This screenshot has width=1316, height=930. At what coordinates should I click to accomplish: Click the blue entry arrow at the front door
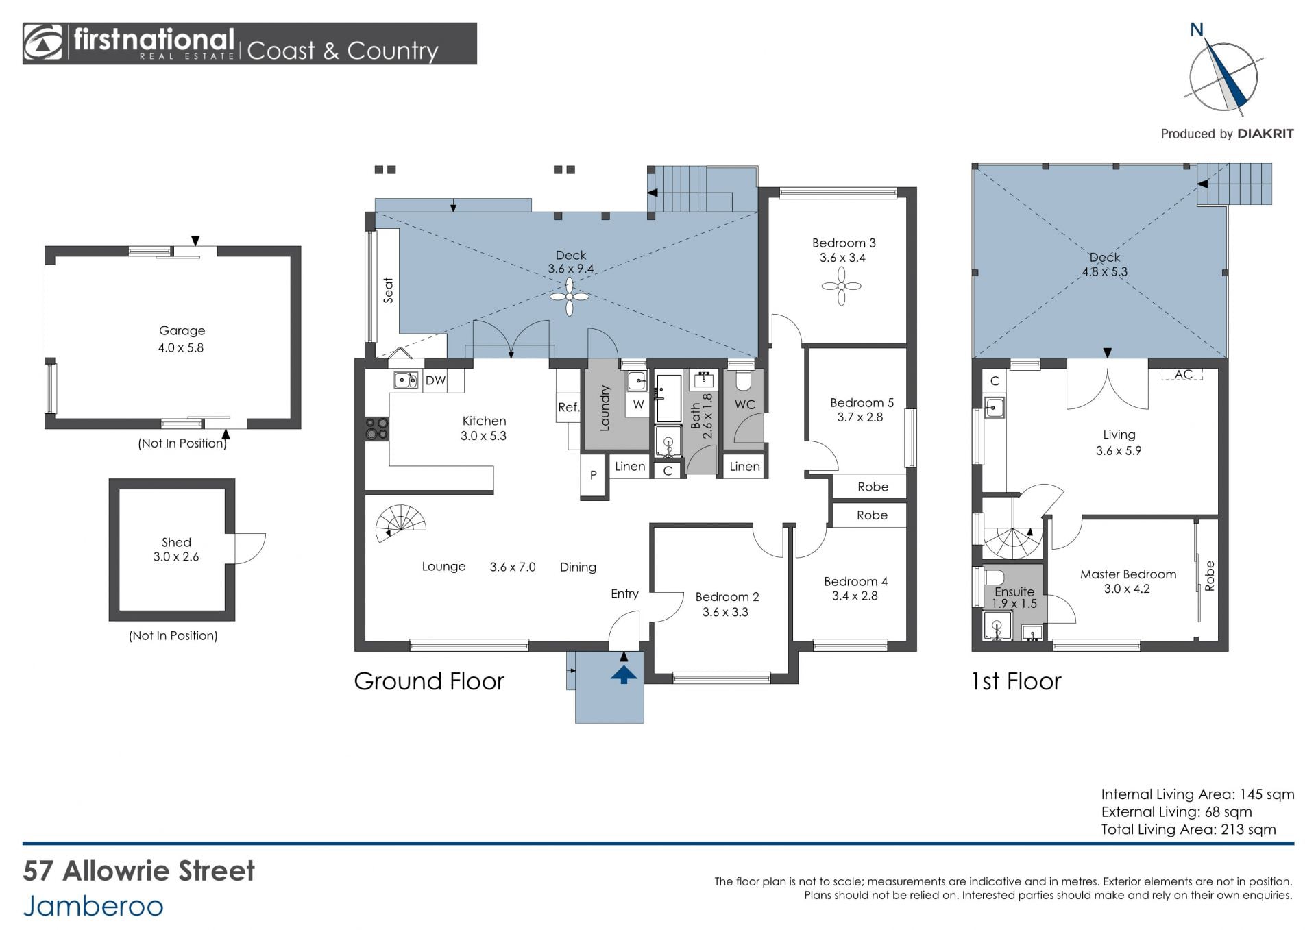(x=624, y=675)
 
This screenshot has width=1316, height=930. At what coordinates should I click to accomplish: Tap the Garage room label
(x=182, y=330)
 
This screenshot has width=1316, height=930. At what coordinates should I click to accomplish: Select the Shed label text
(x=176, y=542)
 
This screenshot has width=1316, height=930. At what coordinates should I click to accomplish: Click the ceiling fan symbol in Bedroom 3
(x=841, y=286)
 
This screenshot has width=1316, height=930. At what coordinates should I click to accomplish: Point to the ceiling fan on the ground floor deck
(x=569, y=297)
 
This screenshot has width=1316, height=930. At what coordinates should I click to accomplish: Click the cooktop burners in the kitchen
(x=377, y=429)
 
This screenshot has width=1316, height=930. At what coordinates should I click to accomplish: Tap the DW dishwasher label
(x=436, y=380)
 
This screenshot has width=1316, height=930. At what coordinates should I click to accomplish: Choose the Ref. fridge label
(x=569, y=407)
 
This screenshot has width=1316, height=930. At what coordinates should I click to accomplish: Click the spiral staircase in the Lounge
(x=401, y=524)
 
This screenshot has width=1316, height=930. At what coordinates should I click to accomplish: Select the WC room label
(x=745, y=404)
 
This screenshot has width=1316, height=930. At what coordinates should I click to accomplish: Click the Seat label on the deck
(x=389, y=290)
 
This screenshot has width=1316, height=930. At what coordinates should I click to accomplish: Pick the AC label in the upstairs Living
(x=1184, y=374)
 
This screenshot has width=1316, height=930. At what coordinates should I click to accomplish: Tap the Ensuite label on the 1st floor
(x=1014, y=591)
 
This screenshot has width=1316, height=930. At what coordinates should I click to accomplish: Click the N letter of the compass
(x=1197, y=29)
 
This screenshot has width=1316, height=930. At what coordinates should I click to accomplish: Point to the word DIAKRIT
(x=1266, y=134)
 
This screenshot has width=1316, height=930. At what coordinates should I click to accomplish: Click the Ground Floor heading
(x=429, y=681)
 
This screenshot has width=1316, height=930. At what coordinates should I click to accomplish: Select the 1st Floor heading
(x=1016, y=681)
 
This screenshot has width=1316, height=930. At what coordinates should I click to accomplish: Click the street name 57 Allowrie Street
(x=139, y=871)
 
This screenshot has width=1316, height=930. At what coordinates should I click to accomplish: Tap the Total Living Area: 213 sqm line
(x=1189, y=829)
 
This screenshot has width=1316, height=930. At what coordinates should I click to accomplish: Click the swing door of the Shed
(x=249, y=548)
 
